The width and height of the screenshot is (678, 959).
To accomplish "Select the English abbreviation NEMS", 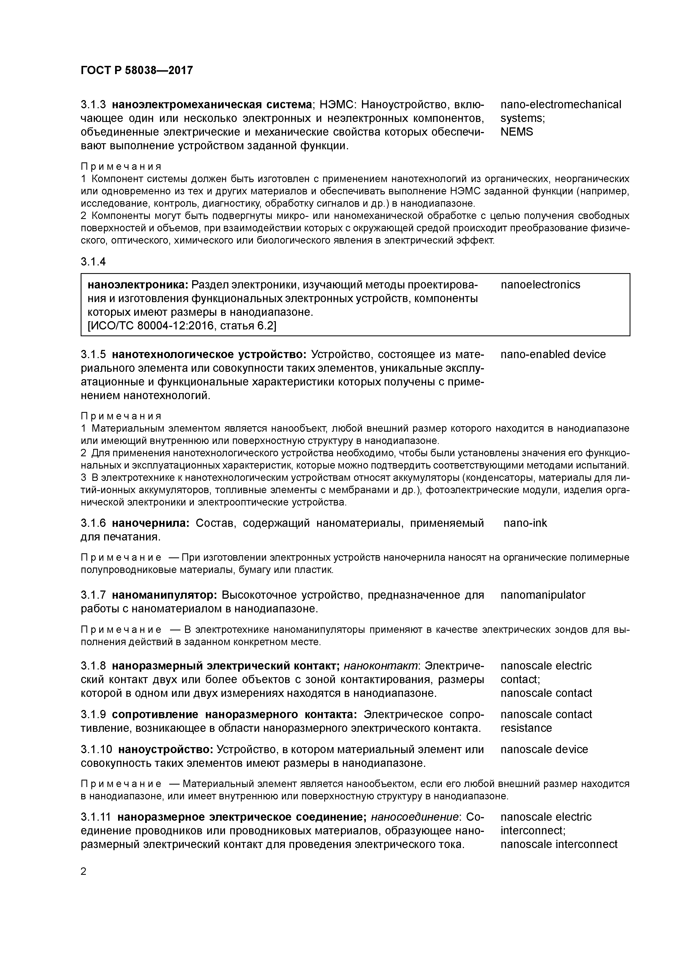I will [517, 132].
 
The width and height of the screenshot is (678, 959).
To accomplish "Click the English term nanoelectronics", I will [540, 285].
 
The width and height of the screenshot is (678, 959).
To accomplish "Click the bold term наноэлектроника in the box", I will [138, 285].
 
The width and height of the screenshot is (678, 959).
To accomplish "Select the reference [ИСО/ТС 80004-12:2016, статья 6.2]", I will [182, 325].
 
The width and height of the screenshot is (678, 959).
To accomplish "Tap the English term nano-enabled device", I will [553, 355].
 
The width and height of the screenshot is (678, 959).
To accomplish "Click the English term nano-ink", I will [525, 523].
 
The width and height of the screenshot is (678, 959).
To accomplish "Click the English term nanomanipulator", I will [543, 595].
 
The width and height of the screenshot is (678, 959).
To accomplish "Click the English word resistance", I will [526, 728].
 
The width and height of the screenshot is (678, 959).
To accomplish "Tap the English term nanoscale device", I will [544, 749].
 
